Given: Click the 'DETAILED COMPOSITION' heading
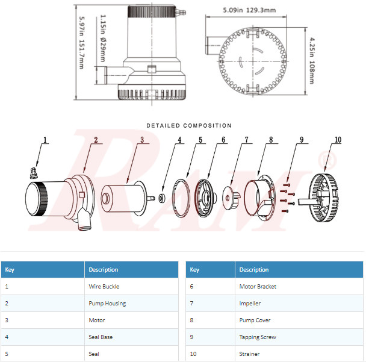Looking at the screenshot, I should pyautogui.click(x=188, y=126).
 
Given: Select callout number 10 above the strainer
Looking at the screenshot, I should pyautogui.click(x=338, y=140).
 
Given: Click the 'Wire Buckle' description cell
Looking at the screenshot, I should pyautogui.click(x=104, y=287).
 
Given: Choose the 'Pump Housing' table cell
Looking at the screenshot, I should pyautogui.click(x=107, y=304).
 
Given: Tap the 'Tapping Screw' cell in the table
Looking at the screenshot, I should pyautogui.click(x=258, y=337).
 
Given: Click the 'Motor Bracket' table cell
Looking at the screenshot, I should pyautogui.click(x=258, y=287).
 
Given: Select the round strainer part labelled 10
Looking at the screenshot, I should pyautogui.click(x=325, y=197).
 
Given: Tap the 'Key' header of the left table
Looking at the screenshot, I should pyautogui.click(x=10, y=269).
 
